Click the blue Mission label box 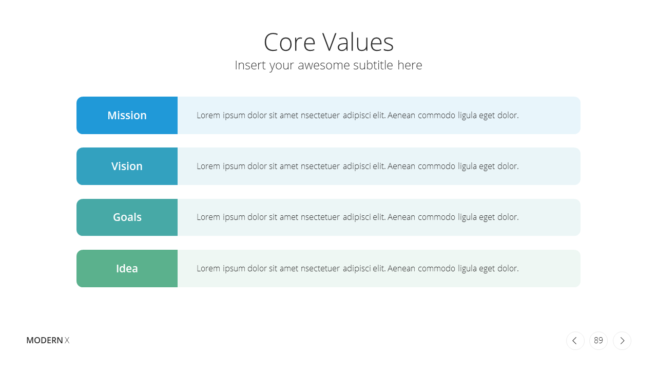point(127,116)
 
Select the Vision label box point(127,166)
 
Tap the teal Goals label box point(127,217)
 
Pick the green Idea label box point(127,268)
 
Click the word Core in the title point(289,43)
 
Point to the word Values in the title point(358,43)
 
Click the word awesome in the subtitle point(324,65)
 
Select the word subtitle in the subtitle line point(373,65)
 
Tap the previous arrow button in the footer point(575,341)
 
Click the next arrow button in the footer point(622,341)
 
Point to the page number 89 point(598,340)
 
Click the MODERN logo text point(45,340)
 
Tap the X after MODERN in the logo point(67,340)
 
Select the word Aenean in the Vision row point(401,166)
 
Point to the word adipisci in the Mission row point(356,116)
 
